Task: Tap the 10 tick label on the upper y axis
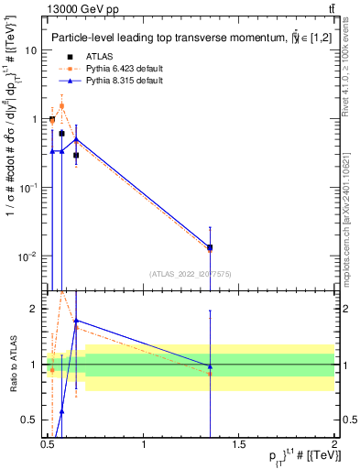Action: pos(30,50)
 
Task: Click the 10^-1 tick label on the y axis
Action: pos(27,187)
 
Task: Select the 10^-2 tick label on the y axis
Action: pos(27,256)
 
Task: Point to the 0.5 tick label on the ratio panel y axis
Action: pos(32,420)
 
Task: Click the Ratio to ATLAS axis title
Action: pos(11,364)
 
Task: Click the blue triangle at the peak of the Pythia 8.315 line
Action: pos(76,139)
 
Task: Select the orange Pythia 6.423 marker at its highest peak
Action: pos(62,105)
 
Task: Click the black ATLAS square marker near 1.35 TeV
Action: pos(210,247)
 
